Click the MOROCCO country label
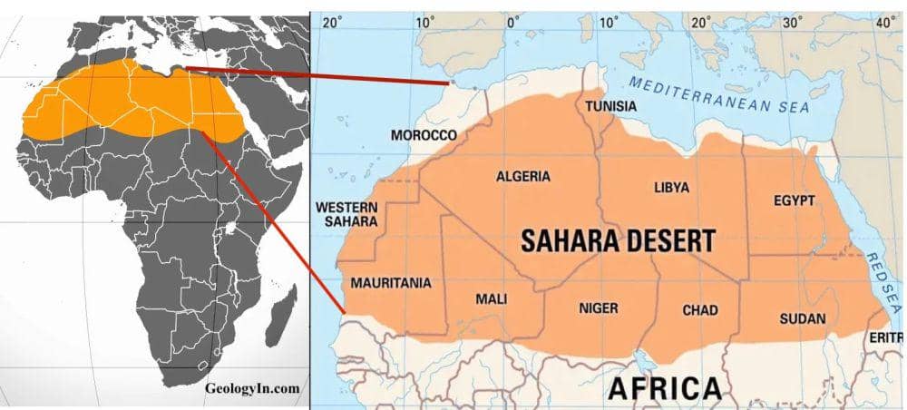point(424,135)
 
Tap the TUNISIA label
point(610,106)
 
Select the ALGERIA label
point(522,176)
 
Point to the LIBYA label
point(671,188)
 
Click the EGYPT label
point(794,200)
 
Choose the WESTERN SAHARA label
point(346,215)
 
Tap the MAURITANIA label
point(390,283)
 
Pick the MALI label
point(492,299)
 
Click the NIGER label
point(598,308)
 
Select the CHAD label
point(699,310)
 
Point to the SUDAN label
point(802,318)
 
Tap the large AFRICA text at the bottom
point(665,387)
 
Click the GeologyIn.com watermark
point(252,388)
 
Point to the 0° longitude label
point(512,22)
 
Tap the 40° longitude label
point(884,22)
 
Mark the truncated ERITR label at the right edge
point(887,337)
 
